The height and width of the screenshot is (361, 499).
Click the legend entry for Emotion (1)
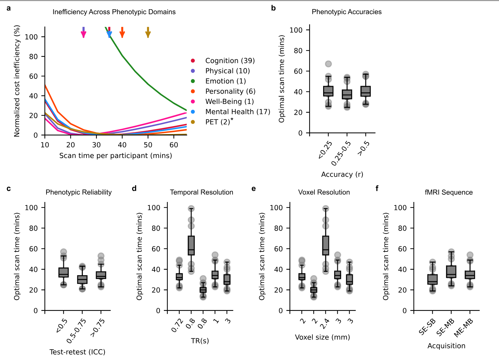click(x=225, y=81)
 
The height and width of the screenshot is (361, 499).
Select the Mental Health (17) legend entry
click(x=238, y=112)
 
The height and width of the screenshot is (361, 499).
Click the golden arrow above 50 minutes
click(x=148, y=33)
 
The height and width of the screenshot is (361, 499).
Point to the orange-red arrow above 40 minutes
click(x=122, y=33)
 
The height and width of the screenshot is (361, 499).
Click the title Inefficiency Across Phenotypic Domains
click(x=114, y=12)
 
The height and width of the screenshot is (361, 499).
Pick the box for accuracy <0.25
click(x=328, y=91)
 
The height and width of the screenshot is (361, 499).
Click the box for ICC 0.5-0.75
click(x=82, y=280)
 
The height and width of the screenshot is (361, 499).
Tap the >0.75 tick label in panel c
click(x=98, y=328)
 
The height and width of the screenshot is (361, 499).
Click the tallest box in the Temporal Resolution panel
click(x=191, y=245)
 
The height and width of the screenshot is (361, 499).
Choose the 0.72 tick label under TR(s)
click(x=177, y=325)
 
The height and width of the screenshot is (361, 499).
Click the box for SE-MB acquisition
click(x=451, y=272)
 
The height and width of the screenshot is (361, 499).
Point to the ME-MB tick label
click(x=464, y=328)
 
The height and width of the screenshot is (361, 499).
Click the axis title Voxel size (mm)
click(x=322, y=337)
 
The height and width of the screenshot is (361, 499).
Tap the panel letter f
click(x=377, y=189)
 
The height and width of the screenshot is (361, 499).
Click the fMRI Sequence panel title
click(x=448, y=192)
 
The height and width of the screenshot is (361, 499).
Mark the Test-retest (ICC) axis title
click(x=77, y=352)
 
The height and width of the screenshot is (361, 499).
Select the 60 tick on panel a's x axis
click(x=174, y=145)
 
